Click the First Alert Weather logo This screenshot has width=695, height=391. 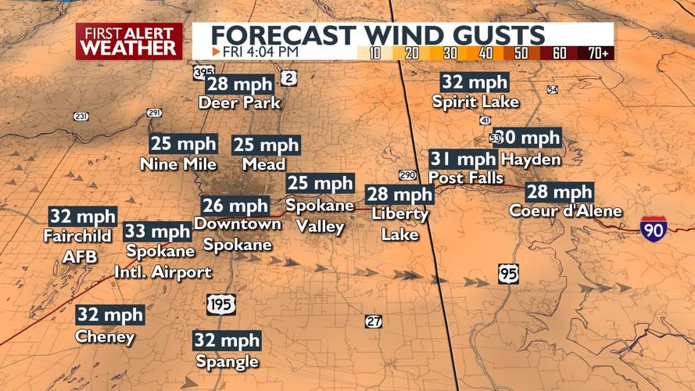point(129,41)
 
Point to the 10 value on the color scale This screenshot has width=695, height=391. point(375,52)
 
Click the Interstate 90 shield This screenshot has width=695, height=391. point(653,228)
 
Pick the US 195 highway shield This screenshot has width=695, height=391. point(221,303)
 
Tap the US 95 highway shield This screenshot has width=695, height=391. point(507,274)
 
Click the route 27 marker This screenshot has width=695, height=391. point(374,321)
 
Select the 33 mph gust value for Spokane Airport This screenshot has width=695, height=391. point(157,231)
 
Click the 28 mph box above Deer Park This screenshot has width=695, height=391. point(240,84)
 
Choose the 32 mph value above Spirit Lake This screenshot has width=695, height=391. point(475,82)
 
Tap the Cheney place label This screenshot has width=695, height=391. point(105,337)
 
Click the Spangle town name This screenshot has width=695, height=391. point(227,361)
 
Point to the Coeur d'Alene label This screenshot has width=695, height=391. point(565,211)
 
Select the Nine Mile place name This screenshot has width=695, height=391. point(177,164)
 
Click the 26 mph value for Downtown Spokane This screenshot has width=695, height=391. point(235,206)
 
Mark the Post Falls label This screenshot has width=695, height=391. point(467,178)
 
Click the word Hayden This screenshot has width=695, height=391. point(531,160)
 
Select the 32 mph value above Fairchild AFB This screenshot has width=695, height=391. point(82,217)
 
